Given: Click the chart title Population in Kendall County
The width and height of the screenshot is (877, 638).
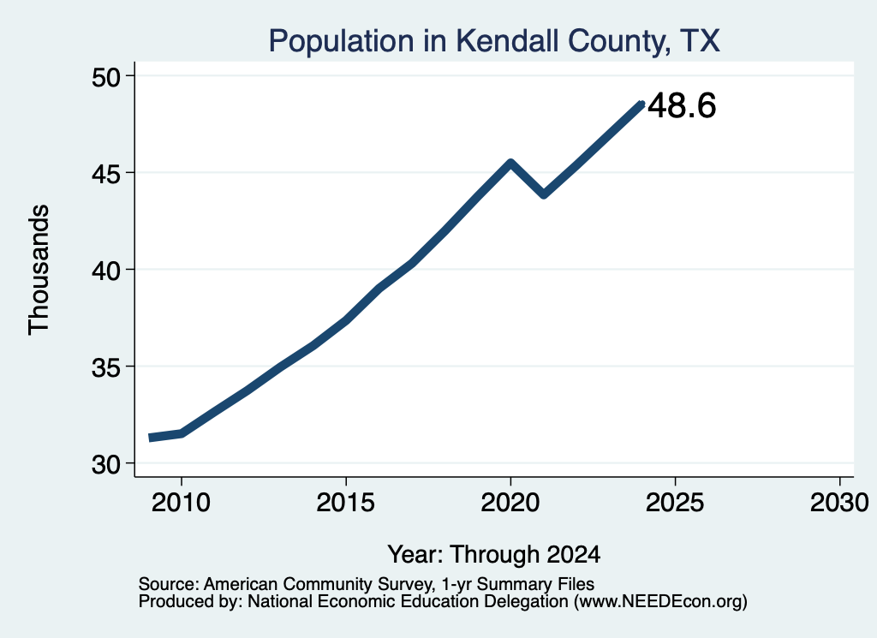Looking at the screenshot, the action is [x=494, y=41].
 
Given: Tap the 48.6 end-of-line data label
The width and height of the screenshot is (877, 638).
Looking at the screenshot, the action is [x=682, y=105].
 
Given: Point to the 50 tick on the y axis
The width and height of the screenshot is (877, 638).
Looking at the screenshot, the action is [x=105, y=76].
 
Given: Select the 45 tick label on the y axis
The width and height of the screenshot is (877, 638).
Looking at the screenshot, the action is [x=105, y=174].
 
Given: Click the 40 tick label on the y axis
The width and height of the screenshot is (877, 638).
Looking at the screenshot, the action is [x=105, y=271].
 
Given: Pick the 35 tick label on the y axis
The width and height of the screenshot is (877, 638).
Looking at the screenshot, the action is [x=105, y=367].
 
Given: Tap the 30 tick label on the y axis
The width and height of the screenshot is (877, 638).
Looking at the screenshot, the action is [x=105, y=464].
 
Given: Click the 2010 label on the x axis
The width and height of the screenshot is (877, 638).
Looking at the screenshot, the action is [x=182, y=503].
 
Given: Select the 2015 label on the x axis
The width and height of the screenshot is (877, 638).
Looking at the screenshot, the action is [x=346, y=503].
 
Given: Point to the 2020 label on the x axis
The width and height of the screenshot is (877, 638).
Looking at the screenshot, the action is [x=510, y=503].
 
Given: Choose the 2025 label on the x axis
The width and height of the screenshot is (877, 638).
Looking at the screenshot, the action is [x=675, y=503].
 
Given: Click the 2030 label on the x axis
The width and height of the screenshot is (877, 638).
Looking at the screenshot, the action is [x=839, y=503].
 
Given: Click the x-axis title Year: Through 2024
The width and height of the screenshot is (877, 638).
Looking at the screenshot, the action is [x=494, y=554].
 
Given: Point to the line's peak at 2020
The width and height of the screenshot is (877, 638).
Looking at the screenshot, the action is [x=510, y=163].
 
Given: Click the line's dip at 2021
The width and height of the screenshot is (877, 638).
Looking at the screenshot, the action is [x=544, y=194].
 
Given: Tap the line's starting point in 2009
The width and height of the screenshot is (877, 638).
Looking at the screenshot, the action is [x=151, y=438].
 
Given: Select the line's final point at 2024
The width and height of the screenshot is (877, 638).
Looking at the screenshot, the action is [x=641, y=104].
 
